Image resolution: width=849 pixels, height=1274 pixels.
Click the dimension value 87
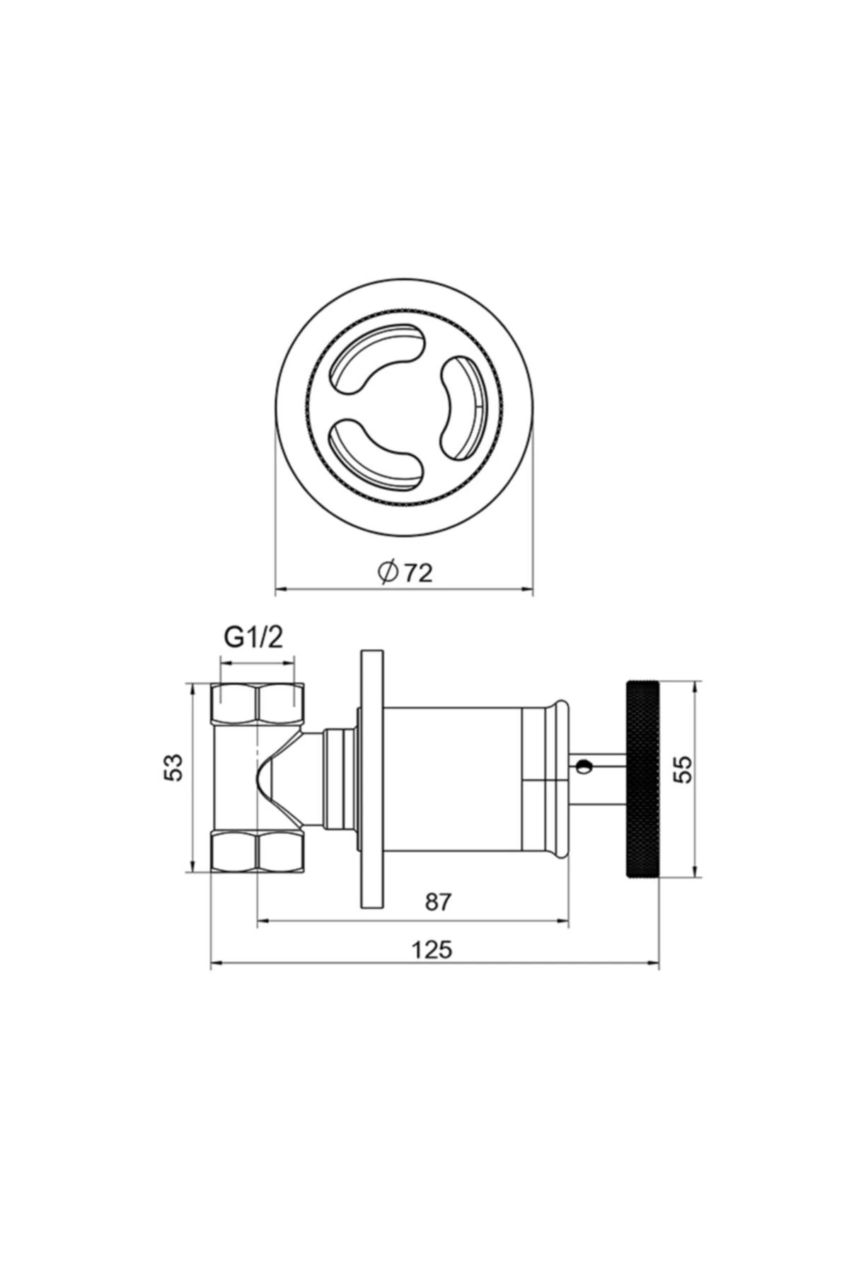click(x=438, y=902)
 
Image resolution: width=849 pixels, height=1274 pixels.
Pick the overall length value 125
click(x=432, y=949)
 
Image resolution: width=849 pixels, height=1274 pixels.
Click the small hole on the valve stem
click(x=583, y=764)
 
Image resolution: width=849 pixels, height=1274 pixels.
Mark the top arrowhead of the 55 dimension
click(x=698, y=687)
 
